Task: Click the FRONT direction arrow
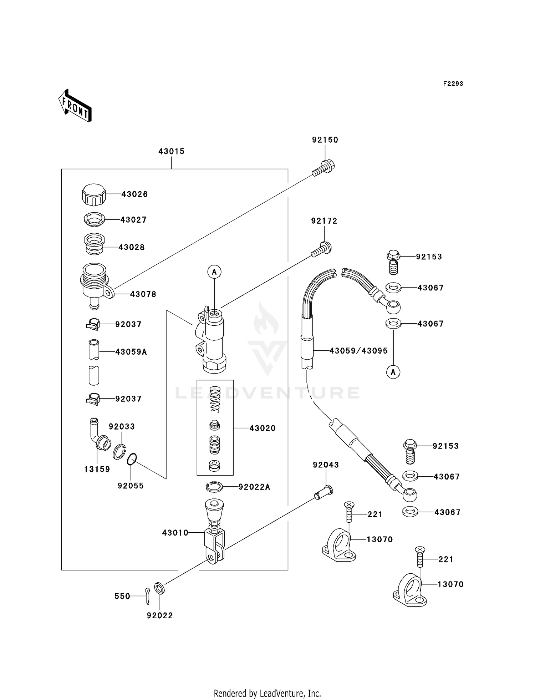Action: tap(75, 106)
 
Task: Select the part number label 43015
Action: tap(172, 152)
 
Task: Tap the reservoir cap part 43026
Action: tap(94, 195)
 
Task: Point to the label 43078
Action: tap(143, 295)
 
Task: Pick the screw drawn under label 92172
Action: tap(321, 249)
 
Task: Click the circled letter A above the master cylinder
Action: tap(214, 272)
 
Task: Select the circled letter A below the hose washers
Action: tap(393, 372)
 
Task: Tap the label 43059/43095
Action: tap(358, 351)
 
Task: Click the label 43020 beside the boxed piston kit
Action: tap(263, 428)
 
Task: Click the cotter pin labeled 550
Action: tap(148, 597)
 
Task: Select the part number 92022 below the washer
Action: tap(160, 616)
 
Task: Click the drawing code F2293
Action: tap(453, 84)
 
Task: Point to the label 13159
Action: tap(97, 470)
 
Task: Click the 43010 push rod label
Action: tap(175, 533)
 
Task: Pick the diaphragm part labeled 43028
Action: tap(94, 244)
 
